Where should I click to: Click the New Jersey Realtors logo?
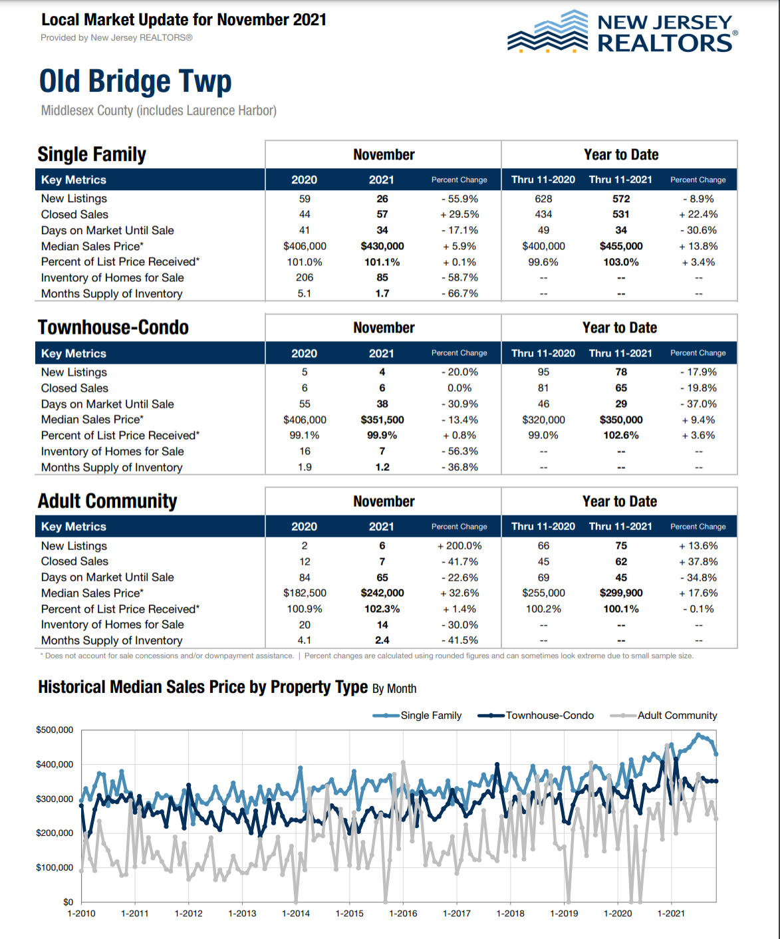[x=622, y=32]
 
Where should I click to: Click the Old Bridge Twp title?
[x=136, y=82]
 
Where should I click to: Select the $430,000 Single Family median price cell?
[x=382, y=246]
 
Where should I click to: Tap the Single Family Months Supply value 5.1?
[x=305, y=293]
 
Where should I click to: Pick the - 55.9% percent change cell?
[x=459, y=199]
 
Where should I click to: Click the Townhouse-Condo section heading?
[x=113, y=327]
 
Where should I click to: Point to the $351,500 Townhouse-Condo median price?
[x=382, y=420]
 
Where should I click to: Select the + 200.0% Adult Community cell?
[x=459, y=546]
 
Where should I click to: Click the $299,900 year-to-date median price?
[x=621, y=593]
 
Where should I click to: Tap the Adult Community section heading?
[x=108, y=501]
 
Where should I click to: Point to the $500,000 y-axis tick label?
[x=55, y=730]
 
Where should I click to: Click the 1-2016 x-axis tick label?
[x=403, y=913]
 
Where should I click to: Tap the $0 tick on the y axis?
[x=68, y=902]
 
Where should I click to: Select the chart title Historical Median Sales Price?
[x=203, y=687]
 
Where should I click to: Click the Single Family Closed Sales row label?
[x=74, y=214]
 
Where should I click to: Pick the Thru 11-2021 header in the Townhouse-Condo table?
[x=620, y=353]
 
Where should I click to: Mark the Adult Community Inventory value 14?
[x=382, y=625]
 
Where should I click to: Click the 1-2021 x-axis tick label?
[x=671, y=913]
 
